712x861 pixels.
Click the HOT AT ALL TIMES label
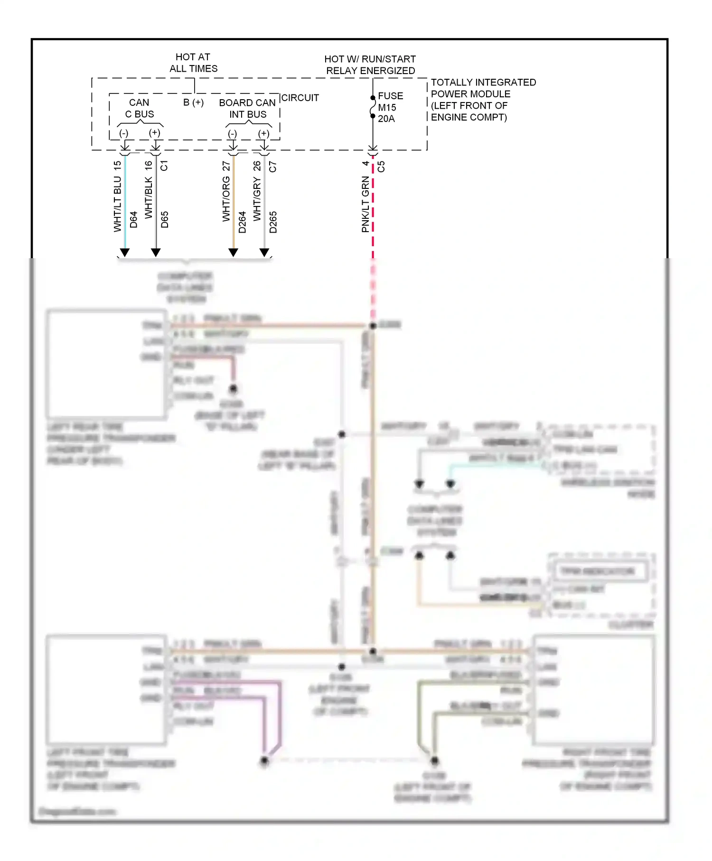tap(193, 63)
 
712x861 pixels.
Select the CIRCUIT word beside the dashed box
tap(300, 98)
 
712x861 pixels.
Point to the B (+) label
tap(193, 103)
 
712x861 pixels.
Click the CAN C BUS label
tap(139, 108)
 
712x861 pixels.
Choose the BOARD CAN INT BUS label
tap(247, 108)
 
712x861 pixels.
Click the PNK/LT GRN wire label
tap(365, 204)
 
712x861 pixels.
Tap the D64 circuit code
tap(134, 219)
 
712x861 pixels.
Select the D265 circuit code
tap(273, 222)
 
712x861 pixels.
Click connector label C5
tap(381, 167)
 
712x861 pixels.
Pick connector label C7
tap(272, 167)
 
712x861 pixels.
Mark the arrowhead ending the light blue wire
tap(124, 253)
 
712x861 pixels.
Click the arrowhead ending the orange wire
tap(233, 253)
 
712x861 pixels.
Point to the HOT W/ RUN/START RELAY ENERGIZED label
tap(370, 65)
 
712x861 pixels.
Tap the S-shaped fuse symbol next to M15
tap(373, 107)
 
